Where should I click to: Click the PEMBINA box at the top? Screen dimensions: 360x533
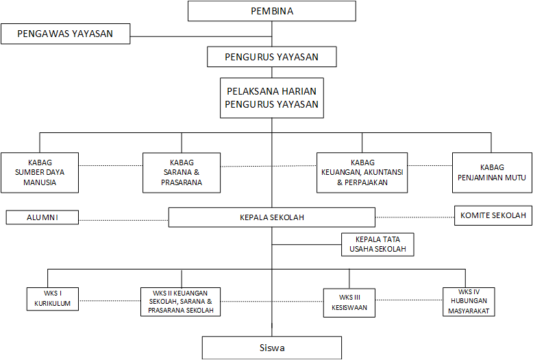tap(271, 11)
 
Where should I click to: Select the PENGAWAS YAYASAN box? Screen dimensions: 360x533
tap(65, 34)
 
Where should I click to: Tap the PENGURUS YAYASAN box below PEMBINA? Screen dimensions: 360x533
tap(271, 57)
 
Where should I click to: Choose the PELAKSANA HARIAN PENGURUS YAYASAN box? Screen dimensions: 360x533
tap(271, 97)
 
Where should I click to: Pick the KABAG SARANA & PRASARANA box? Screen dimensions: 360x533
tap(182, 173)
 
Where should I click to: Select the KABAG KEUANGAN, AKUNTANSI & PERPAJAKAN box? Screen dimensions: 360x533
tap(362, 173)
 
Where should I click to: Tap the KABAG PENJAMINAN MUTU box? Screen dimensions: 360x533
tap(491, 172)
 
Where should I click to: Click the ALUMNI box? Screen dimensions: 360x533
tap(42, 217)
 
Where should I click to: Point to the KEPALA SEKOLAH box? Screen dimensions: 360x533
tap(271, 217)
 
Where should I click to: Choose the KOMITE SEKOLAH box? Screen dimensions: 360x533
tap(493, 215)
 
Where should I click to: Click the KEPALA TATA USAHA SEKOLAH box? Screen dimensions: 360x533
tap(377, 244)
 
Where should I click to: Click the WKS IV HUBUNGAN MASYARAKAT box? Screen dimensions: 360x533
tap(469, 302)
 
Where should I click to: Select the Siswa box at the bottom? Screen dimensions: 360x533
tap(271, 348)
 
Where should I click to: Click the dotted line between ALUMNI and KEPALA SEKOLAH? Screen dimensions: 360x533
tap(123, 219)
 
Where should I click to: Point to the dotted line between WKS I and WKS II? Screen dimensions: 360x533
tap(109, 300)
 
